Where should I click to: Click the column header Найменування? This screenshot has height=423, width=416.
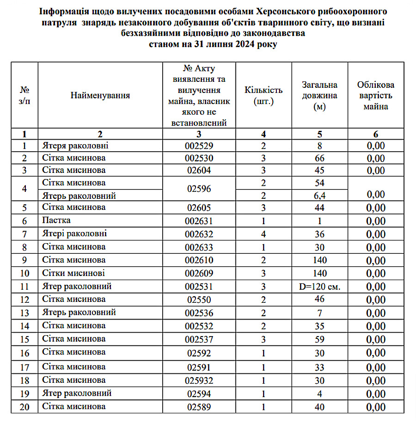(100, 96)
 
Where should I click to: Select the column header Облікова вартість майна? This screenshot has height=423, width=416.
(375, 96)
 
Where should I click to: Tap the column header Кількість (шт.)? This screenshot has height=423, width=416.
(263, 96)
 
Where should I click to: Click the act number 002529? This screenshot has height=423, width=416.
(198, 146)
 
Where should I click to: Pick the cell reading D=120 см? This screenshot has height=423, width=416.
(319, 287)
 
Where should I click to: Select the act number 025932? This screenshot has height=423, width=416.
(198, 380)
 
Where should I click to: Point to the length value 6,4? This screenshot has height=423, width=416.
(319, 196)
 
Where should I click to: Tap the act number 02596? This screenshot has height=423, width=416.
(198, 189)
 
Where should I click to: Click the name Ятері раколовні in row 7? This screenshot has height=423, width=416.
(74, 233)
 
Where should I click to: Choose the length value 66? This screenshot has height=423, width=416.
(319, 159)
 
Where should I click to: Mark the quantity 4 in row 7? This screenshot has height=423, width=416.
(263, 234)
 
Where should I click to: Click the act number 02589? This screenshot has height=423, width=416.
(198, 407)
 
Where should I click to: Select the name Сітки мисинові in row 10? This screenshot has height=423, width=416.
(73, 273)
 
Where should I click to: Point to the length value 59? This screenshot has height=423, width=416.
(319, 339)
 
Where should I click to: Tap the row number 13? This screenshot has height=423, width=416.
(24, 313)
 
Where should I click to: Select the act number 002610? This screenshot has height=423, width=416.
(198, 260)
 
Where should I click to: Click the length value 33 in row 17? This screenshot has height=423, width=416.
(319, 368)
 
